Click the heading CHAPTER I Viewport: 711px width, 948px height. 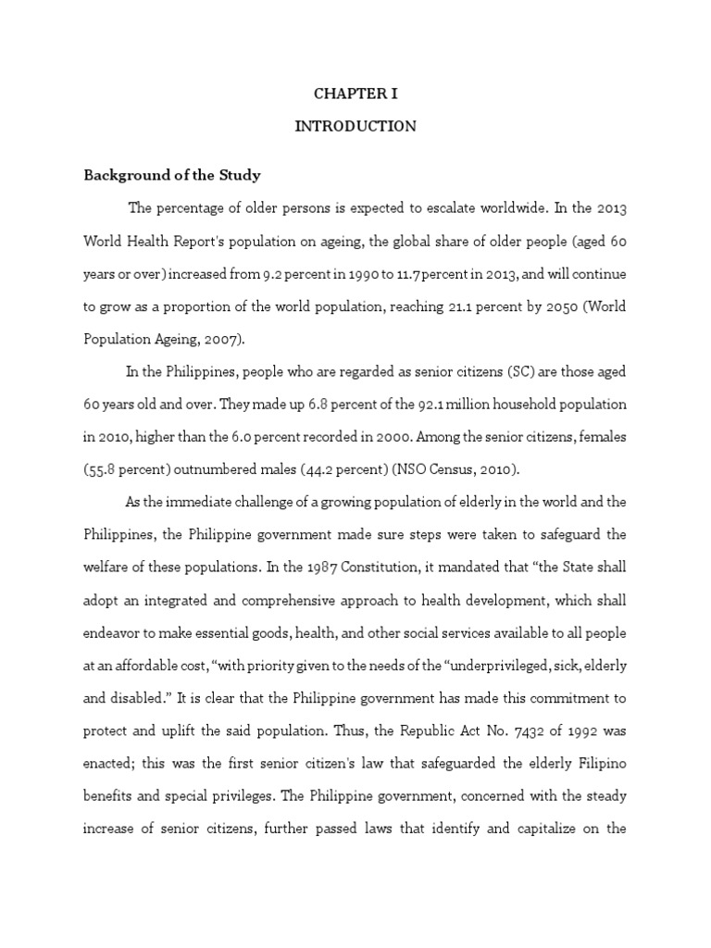(x=355, y=94)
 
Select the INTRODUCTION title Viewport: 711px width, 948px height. (x=355, y=126)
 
